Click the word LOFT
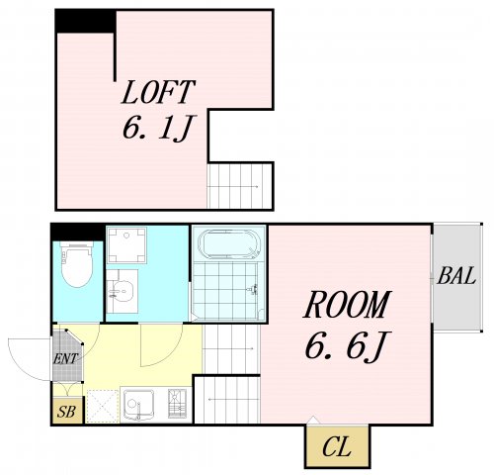(158, 92)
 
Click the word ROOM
(347, 304)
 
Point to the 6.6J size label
(348, 345)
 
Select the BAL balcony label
(456, 276)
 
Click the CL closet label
(337, 447)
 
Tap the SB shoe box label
(66, 412)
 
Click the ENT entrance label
(66, 358)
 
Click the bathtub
(228, 244)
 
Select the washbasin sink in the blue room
(122, 292)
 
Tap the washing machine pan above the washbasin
(126, 245)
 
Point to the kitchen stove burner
(177, 404)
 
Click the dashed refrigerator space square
(103, 406)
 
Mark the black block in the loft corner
(85, 22)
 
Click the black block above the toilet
(78, 233)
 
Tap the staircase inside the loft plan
(239, 186)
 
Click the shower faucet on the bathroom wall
(253, 289)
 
